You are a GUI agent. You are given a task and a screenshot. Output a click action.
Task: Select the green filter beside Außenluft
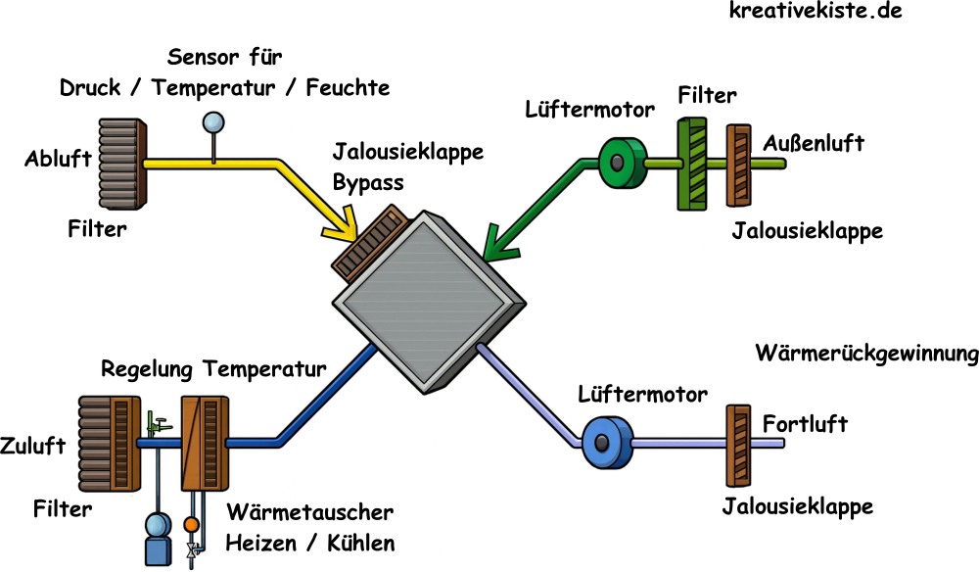(x=693, y=164)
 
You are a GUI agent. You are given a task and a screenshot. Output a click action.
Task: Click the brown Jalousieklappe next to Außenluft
(x=737, y=165)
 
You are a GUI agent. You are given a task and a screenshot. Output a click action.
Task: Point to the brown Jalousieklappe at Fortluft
(x=735, y=446)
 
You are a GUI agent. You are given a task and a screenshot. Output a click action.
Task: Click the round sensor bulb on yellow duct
(x=211, y=122)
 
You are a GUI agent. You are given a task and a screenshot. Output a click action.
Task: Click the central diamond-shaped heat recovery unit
(x=425, y=295)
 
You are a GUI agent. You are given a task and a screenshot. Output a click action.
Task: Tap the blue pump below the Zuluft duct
(x=157, y=538)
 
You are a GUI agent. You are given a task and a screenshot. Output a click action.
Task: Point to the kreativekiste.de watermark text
(x=815, y=13)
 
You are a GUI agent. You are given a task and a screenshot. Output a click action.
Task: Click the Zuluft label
(x=33, y=446)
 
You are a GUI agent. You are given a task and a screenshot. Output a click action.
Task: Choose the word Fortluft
(x=805, y=425)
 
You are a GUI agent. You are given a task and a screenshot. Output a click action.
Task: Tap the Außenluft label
(x=814, y=144)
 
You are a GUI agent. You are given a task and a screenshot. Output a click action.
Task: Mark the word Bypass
(x=367, y=182)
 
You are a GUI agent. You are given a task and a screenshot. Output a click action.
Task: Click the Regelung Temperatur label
(x=212, y=370)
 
